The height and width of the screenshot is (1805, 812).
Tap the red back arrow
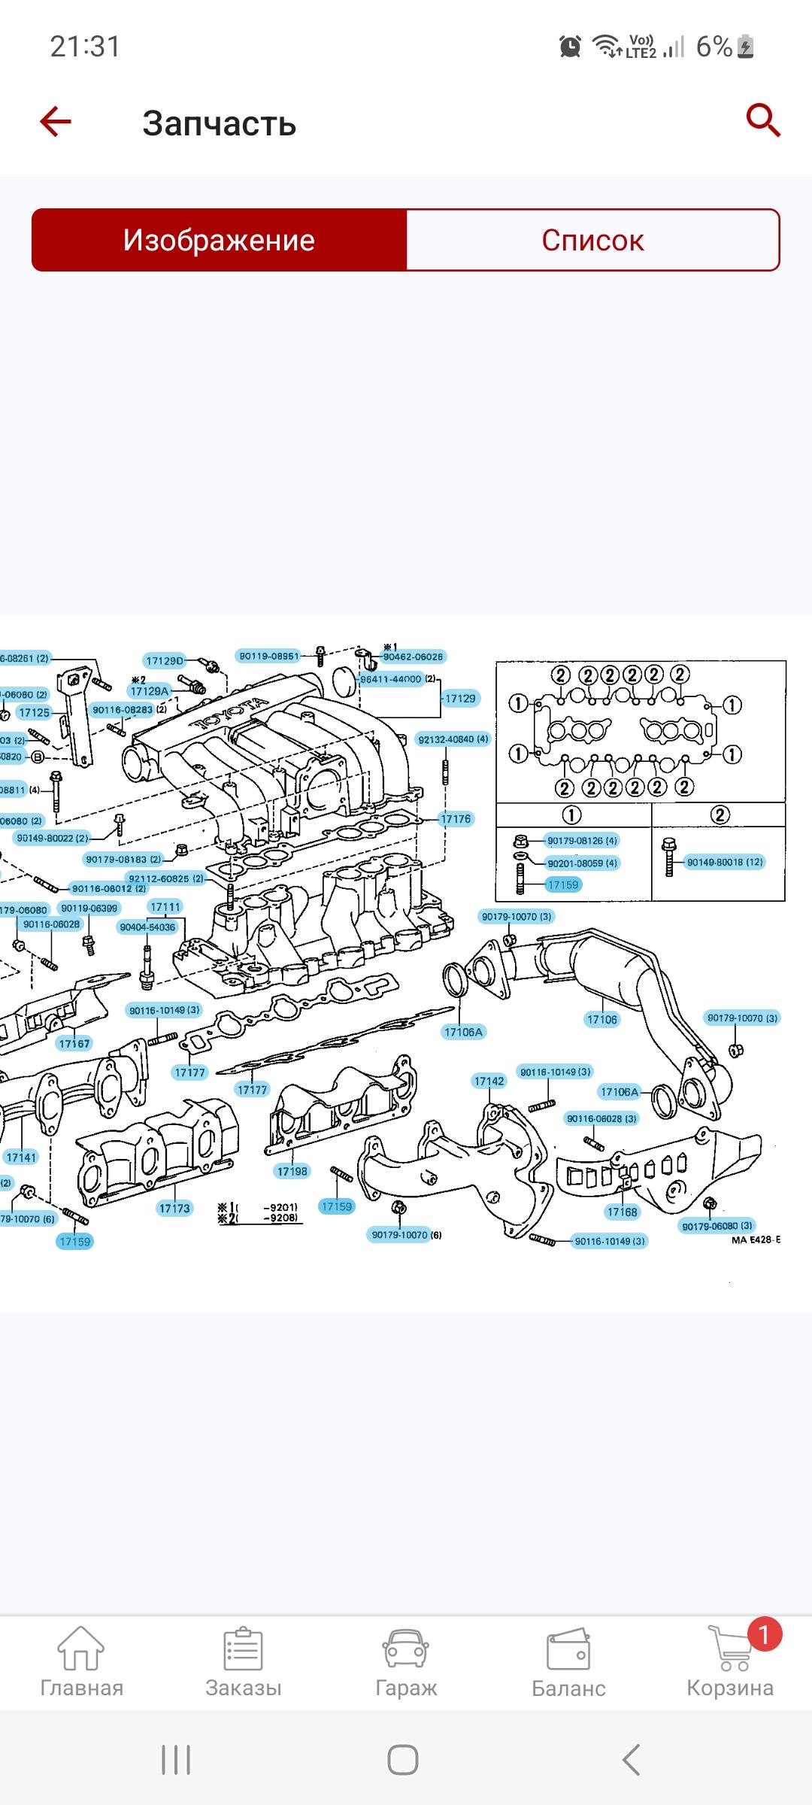pyautogui.click(x=56, y=121)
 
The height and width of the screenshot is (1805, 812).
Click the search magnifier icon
pyautogui.click(x=762, y=120)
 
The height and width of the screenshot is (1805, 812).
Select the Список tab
pyautogui.click(x=592, y=240)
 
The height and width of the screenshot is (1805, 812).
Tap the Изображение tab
pyautogui.click(x=219, y=240)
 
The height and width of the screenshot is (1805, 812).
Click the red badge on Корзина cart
pyautogui.click(x=764, y=1634)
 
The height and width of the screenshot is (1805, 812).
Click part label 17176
pyautogui.click(x=456, y=819)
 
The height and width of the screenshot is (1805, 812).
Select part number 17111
pyautogui.click(x=165, y=907)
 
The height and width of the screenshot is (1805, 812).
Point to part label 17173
pyautogui.click(x=174, y=1209)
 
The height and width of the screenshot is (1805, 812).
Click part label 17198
pyautogui.click(x=292, y=1171)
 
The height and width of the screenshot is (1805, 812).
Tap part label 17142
pyautogui.click(x=489, y=1081)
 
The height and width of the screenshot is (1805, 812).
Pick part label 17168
pyautogui.click(x=622, y=1212)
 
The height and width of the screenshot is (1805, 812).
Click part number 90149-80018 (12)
pyautogui.click(x=725, y=862)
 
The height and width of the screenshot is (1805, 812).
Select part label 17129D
pyautogui.click(x=165, y=661)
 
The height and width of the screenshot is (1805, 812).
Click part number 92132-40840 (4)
pyautogui.click(x=453, y=739)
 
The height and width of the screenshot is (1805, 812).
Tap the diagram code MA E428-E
pyautogui.click(x=756, y=1240)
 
